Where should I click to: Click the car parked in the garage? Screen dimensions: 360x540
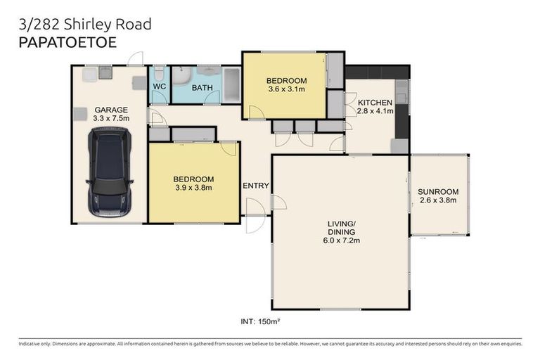point(110,172)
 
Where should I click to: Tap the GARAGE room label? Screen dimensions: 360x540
point(111,110)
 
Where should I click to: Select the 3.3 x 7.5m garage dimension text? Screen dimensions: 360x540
point(111,118)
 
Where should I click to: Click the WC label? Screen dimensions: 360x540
point(159,86)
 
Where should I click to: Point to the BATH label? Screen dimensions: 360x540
point(202,88)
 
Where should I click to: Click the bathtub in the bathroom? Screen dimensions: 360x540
point(231,85)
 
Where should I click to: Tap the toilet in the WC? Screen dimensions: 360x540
point(160,72)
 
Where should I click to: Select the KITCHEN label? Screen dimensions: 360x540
point(375,103)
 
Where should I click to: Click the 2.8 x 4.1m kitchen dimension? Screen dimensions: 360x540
point(375,111)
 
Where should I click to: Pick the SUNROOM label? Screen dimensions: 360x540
point(437,191)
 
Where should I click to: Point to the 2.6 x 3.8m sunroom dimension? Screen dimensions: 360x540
point(437,200)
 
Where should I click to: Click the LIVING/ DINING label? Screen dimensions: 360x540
point(341,228)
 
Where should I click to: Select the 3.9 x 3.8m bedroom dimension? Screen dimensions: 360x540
point(193,188)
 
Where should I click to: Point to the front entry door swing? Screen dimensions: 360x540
point(255,208)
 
